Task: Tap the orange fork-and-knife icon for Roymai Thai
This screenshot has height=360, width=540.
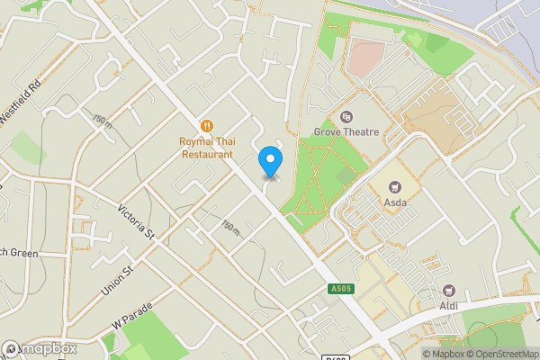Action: pos(206,125)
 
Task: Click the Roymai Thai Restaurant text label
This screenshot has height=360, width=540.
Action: pos(206,148)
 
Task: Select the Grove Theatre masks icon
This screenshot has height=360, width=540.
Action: pos(346,116)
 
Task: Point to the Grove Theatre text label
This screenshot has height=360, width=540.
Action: pos(346,132)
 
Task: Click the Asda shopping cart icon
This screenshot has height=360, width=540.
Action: pos(394,186)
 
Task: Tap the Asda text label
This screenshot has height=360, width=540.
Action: pos(395,202)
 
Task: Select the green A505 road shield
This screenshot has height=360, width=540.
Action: pos(337,289)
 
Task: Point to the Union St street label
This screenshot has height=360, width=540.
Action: pos(118,281)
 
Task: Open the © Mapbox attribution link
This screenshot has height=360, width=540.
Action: pos(444,354)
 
